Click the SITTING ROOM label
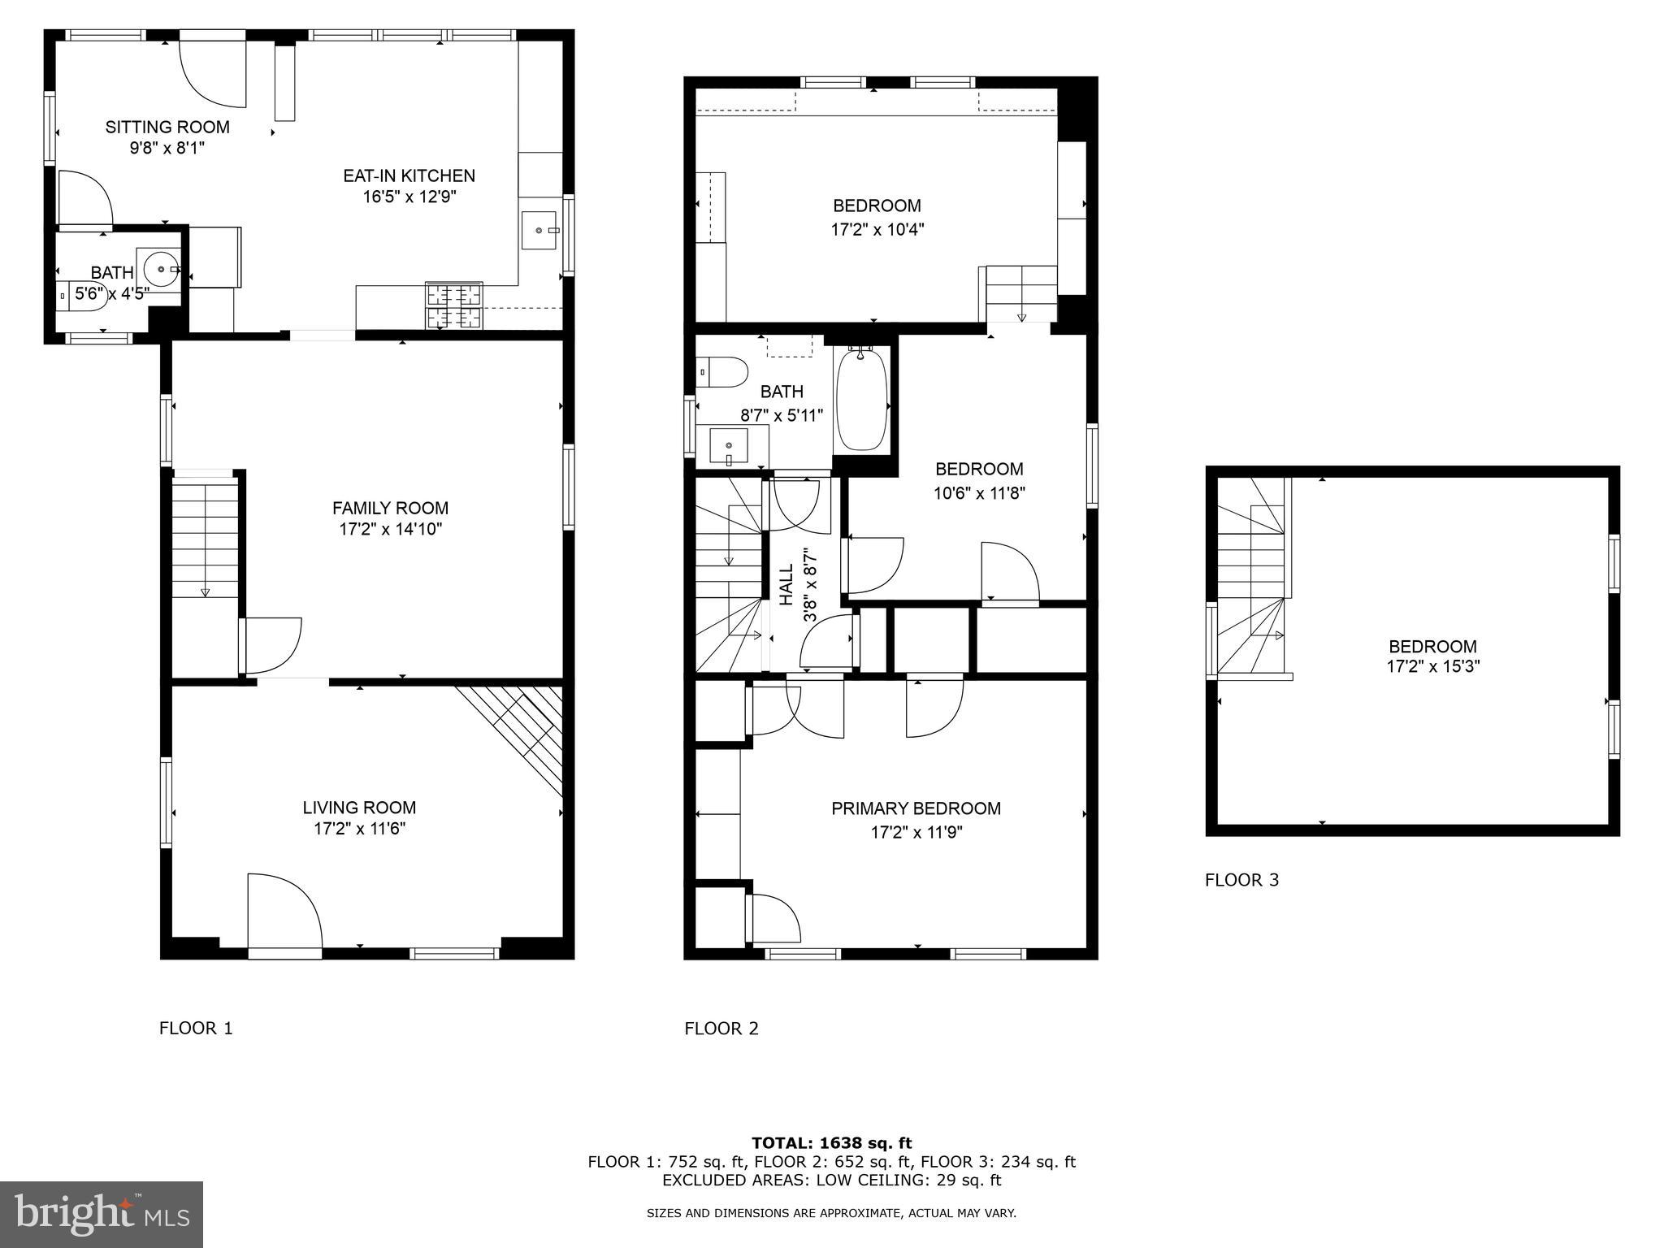[167, 127]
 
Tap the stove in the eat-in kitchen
[453, 305]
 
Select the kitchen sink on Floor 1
[539, 230]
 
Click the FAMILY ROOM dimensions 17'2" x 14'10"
[390, 530]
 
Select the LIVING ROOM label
[359, 808]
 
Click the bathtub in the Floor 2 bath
[861, 400]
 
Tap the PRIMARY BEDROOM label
[916, 808]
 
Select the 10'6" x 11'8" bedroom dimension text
[979, 493]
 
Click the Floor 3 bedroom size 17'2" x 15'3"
[1432, 667]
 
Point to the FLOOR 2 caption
[721, 1029]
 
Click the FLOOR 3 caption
[1241, 880]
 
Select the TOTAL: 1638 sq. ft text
[831, 1143]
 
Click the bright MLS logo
[102, 1214]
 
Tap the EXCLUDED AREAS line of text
[831, 1180]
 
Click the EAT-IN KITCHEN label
[409, 175]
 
